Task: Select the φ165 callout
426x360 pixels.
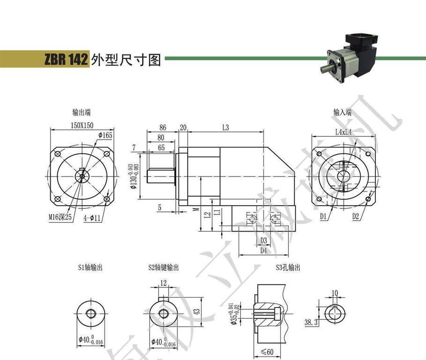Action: point(105,135)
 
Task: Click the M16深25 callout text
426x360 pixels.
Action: point(60,217)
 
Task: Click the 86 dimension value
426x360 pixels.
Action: point(163,127)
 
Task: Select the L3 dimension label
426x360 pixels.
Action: point(226,127)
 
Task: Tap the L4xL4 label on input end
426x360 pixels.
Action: point(344,133)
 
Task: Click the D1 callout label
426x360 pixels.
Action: point(323,217)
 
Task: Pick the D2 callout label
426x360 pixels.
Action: point(356,217)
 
